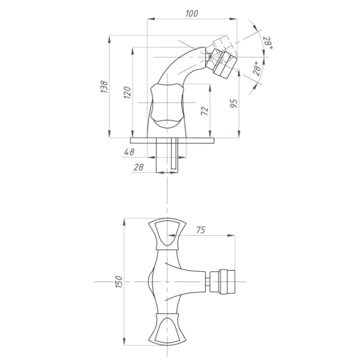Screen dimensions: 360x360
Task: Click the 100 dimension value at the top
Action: click(x=192, y=14)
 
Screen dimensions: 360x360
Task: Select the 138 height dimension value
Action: click(x=104, y=87)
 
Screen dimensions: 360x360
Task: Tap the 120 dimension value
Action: click(x=127, y=92)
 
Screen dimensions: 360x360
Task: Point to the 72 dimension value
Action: click(x=205, y=111)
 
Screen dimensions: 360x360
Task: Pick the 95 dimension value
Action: click(x=233, y=104)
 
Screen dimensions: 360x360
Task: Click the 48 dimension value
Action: click(x=129, y=152)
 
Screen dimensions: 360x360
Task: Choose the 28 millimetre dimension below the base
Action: click(x=139, y=167)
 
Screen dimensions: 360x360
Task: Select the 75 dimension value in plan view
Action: click(x=200, y=230)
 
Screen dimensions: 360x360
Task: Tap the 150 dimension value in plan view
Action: click(x=119, y=281)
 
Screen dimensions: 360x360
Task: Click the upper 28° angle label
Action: click(x=268, y=43)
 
